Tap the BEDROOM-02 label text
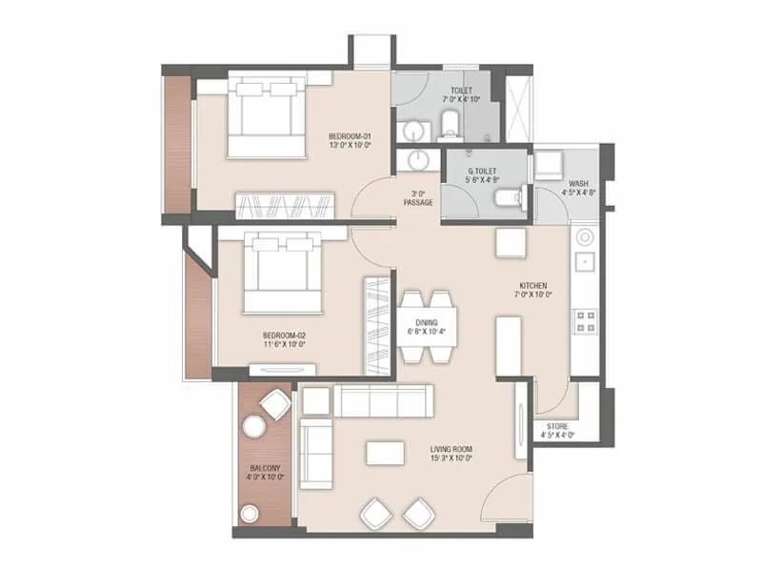(x=284, y=339)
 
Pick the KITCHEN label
(x=531, y=289)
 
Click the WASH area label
(x=580, y=187)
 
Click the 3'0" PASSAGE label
(x=418, y=197)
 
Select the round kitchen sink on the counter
(x=584, y=236)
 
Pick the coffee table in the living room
(x=384, y=453)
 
